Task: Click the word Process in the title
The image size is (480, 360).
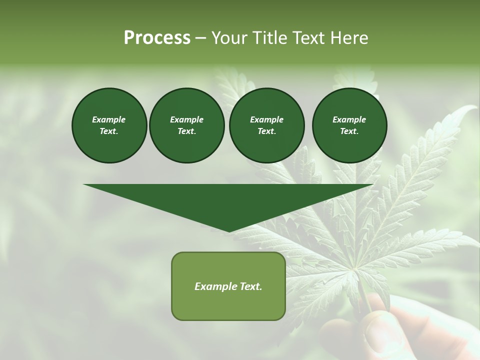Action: pyautogui.click(x=157, y=38)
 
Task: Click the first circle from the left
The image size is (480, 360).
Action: pyautogui.click(x=109, y=125)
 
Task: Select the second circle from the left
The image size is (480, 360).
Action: pyautogui.click(x=186, y=125)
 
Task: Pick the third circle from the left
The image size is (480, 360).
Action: pyautogui.click(x=266, y=125)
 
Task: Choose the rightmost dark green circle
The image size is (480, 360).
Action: pyautogui.click(x=349, y=125)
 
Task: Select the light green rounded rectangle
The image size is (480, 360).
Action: pyautogui.click(x=228, y=286)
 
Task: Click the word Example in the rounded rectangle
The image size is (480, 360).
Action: pyautogui.click(x=216, y=286)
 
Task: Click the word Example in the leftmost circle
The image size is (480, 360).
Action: pyautogui.click(x=109, y=119)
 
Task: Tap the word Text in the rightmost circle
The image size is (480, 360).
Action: pyautogui.click(x=349, y=131)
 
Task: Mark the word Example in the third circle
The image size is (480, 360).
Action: pyautogui.click(x=266, y=119)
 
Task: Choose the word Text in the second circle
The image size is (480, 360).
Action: pyautogui.click(x=186, y=131)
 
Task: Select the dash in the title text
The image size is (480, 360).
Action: pyautogui.click(x=200, y=38)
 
